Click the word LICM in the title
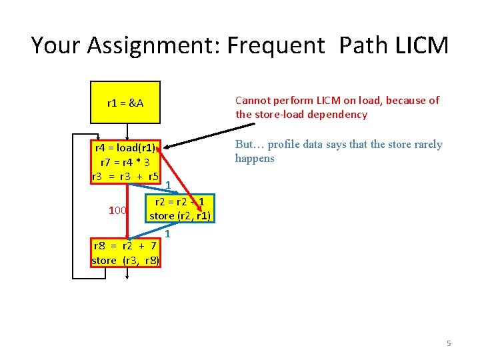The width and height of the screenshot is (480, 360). tap(421, 46)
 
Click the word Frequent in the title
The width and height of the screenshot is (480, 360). tap(278, 46)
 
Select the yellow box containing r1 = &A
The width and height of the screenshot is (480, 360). tap(125, 103)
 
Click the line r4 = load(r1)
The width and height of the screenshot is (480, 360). tap(125, 148)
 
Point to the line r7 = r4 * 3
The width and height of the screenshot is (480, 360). tap(125, 162)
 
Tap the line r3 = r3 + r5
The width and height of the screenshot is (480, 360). tap(125, 177)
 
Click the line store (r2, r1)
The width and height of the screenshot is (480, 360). tap(180, 215)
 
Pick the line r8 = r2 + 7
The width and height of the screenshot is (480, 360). tap(125, 246)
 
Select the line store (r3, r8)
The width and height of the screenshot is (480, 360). tap(125, 260)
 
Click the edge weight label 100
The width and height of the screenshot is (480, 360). tap(117, 211)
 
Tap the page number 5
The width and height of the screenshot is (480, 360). tap(449, 343)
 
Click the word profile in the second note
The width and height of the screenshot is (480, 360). tap(285, 145)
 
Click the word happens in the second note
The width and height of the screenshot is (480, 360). tap(254, 159)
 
